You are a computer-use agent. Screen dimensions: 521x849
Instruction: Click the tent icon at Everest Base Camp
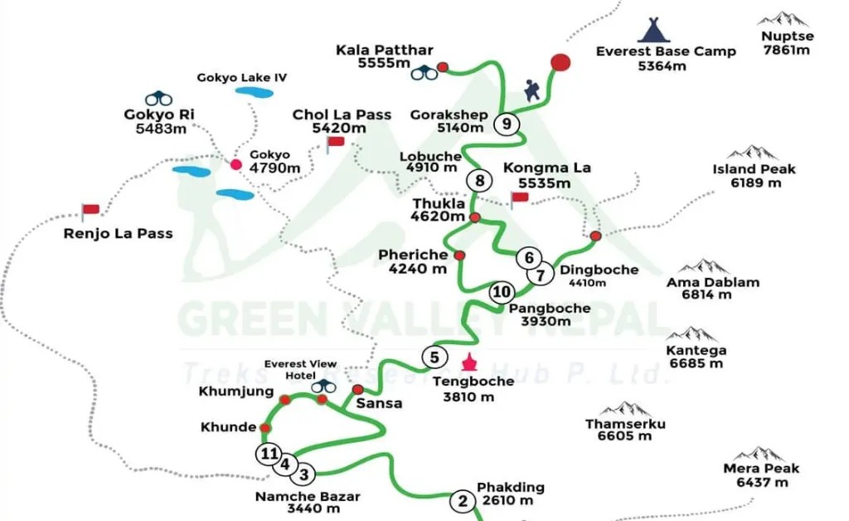[x=653, y=30]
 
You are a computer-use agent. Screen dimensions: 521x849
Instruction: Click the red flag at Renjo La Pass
[x=89, y=211]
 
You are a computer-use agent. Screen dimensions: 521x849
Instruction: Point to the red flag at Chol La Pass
[x=334, y=144]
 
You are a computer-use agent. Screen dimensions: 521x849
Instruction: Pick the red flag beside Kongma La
[x=519, y=198]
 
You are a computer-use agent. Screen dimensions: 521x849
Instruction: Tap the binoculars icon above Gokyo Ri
[x=158, y=98]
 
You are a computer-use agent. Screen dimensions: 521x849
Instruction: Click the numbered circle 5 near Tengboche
[x=434, y=357]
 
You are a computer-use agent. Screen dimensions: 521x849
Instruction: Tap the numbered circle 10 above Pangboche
[x=501, y=291]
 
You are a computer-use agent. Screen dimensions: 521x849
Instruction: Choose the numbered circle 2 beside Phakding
[x=462, y=501]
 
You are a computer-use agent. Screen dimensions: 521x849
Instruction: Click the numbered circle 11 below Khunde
[x=268, y=453]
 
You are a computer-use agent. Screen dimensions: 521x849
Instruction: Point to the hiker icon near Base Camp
[x=531, y=90]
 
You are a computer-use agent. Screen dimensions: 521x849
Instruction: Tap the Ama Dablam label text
[x=701, y=282]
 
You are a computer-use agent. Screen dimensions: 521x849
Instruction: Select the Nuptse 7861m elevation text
[x=787, y=50]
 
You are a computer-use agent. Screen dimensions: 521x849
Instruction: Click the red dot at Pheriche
[x=459, y=255]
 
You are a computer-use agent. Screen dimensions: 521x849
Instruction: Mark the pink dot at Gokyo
[x=235, y=164]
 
